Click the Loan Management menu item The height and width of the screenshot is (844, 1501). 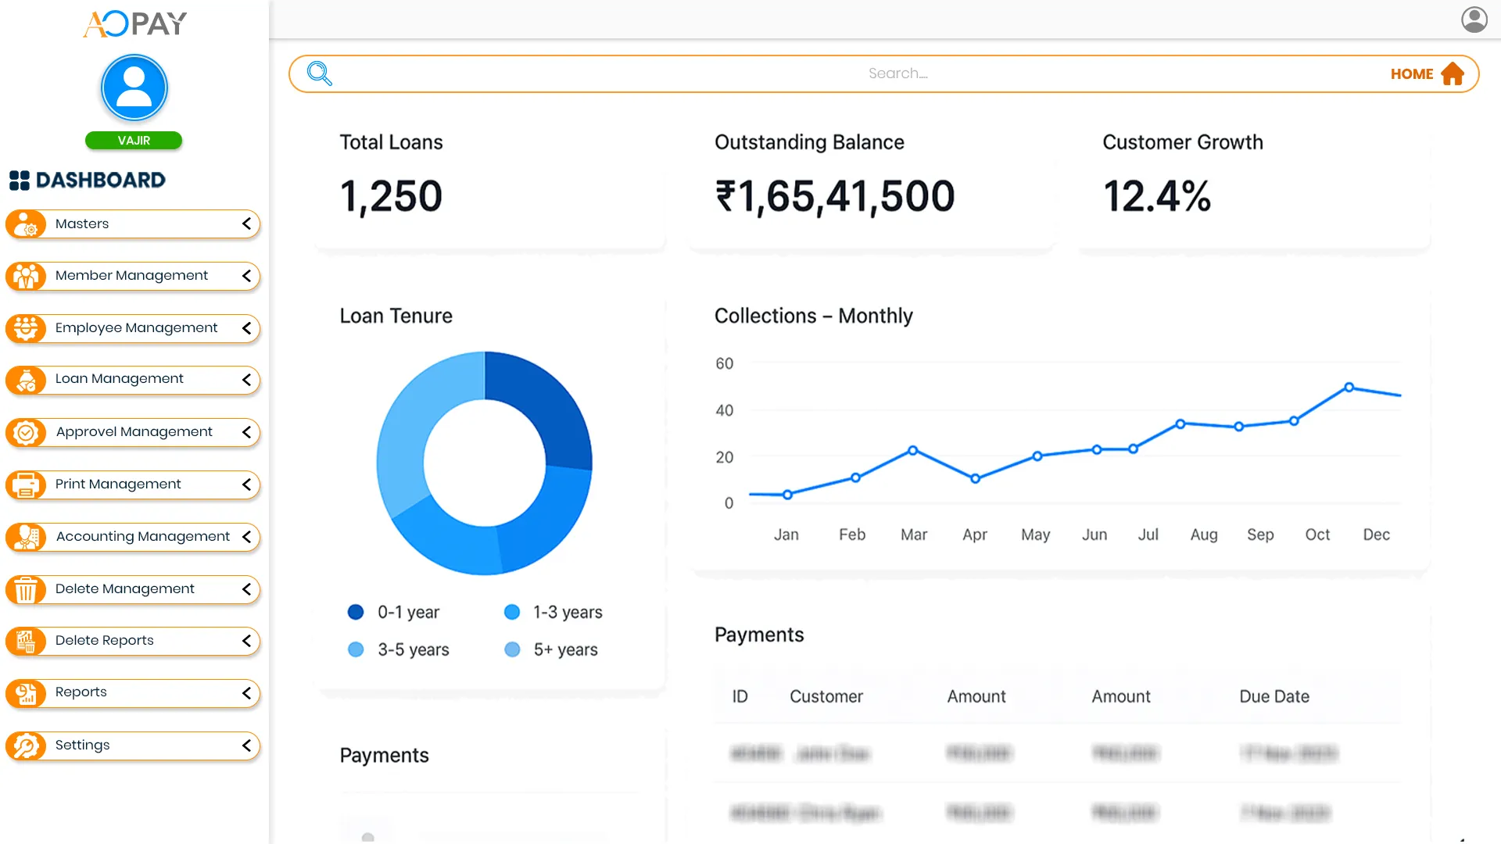120,379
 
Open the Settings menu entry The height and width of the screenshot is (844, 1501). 83,745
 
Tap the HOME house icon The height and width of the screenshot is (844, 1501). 1453,73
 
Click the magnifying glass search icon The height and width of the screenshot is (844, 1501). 320,73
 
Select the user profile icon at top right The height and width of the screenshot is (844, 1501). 1474,19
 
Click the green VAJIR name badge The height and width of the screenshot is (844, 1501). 134,141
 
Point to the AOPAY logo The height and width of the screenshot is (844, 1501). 135,23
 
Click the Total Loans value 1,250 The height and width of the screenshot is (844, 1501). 391,195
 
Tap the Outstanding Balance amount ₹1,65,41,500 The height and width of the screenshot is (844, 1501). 835,195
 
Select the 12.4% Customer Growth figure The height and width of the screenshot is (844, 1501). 1156,195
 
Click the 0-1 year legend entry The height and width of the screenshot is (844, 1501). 394,612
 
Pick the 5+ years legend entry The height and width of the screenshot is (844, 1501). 552,649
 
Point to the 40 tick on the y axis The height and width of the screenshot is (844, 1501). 725,410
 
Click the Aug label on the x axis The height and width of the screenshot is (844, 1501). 1203,535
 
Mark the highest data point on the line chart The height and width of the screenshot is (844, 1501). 1349,387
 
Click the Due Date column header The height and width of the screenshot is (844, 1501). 1274,696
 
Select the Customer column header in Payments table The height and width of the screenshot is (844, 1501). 826,696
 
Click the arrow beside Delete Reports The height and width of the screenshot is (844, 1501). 246,641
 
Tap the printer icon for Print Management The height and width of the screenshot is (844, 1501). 26,485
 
